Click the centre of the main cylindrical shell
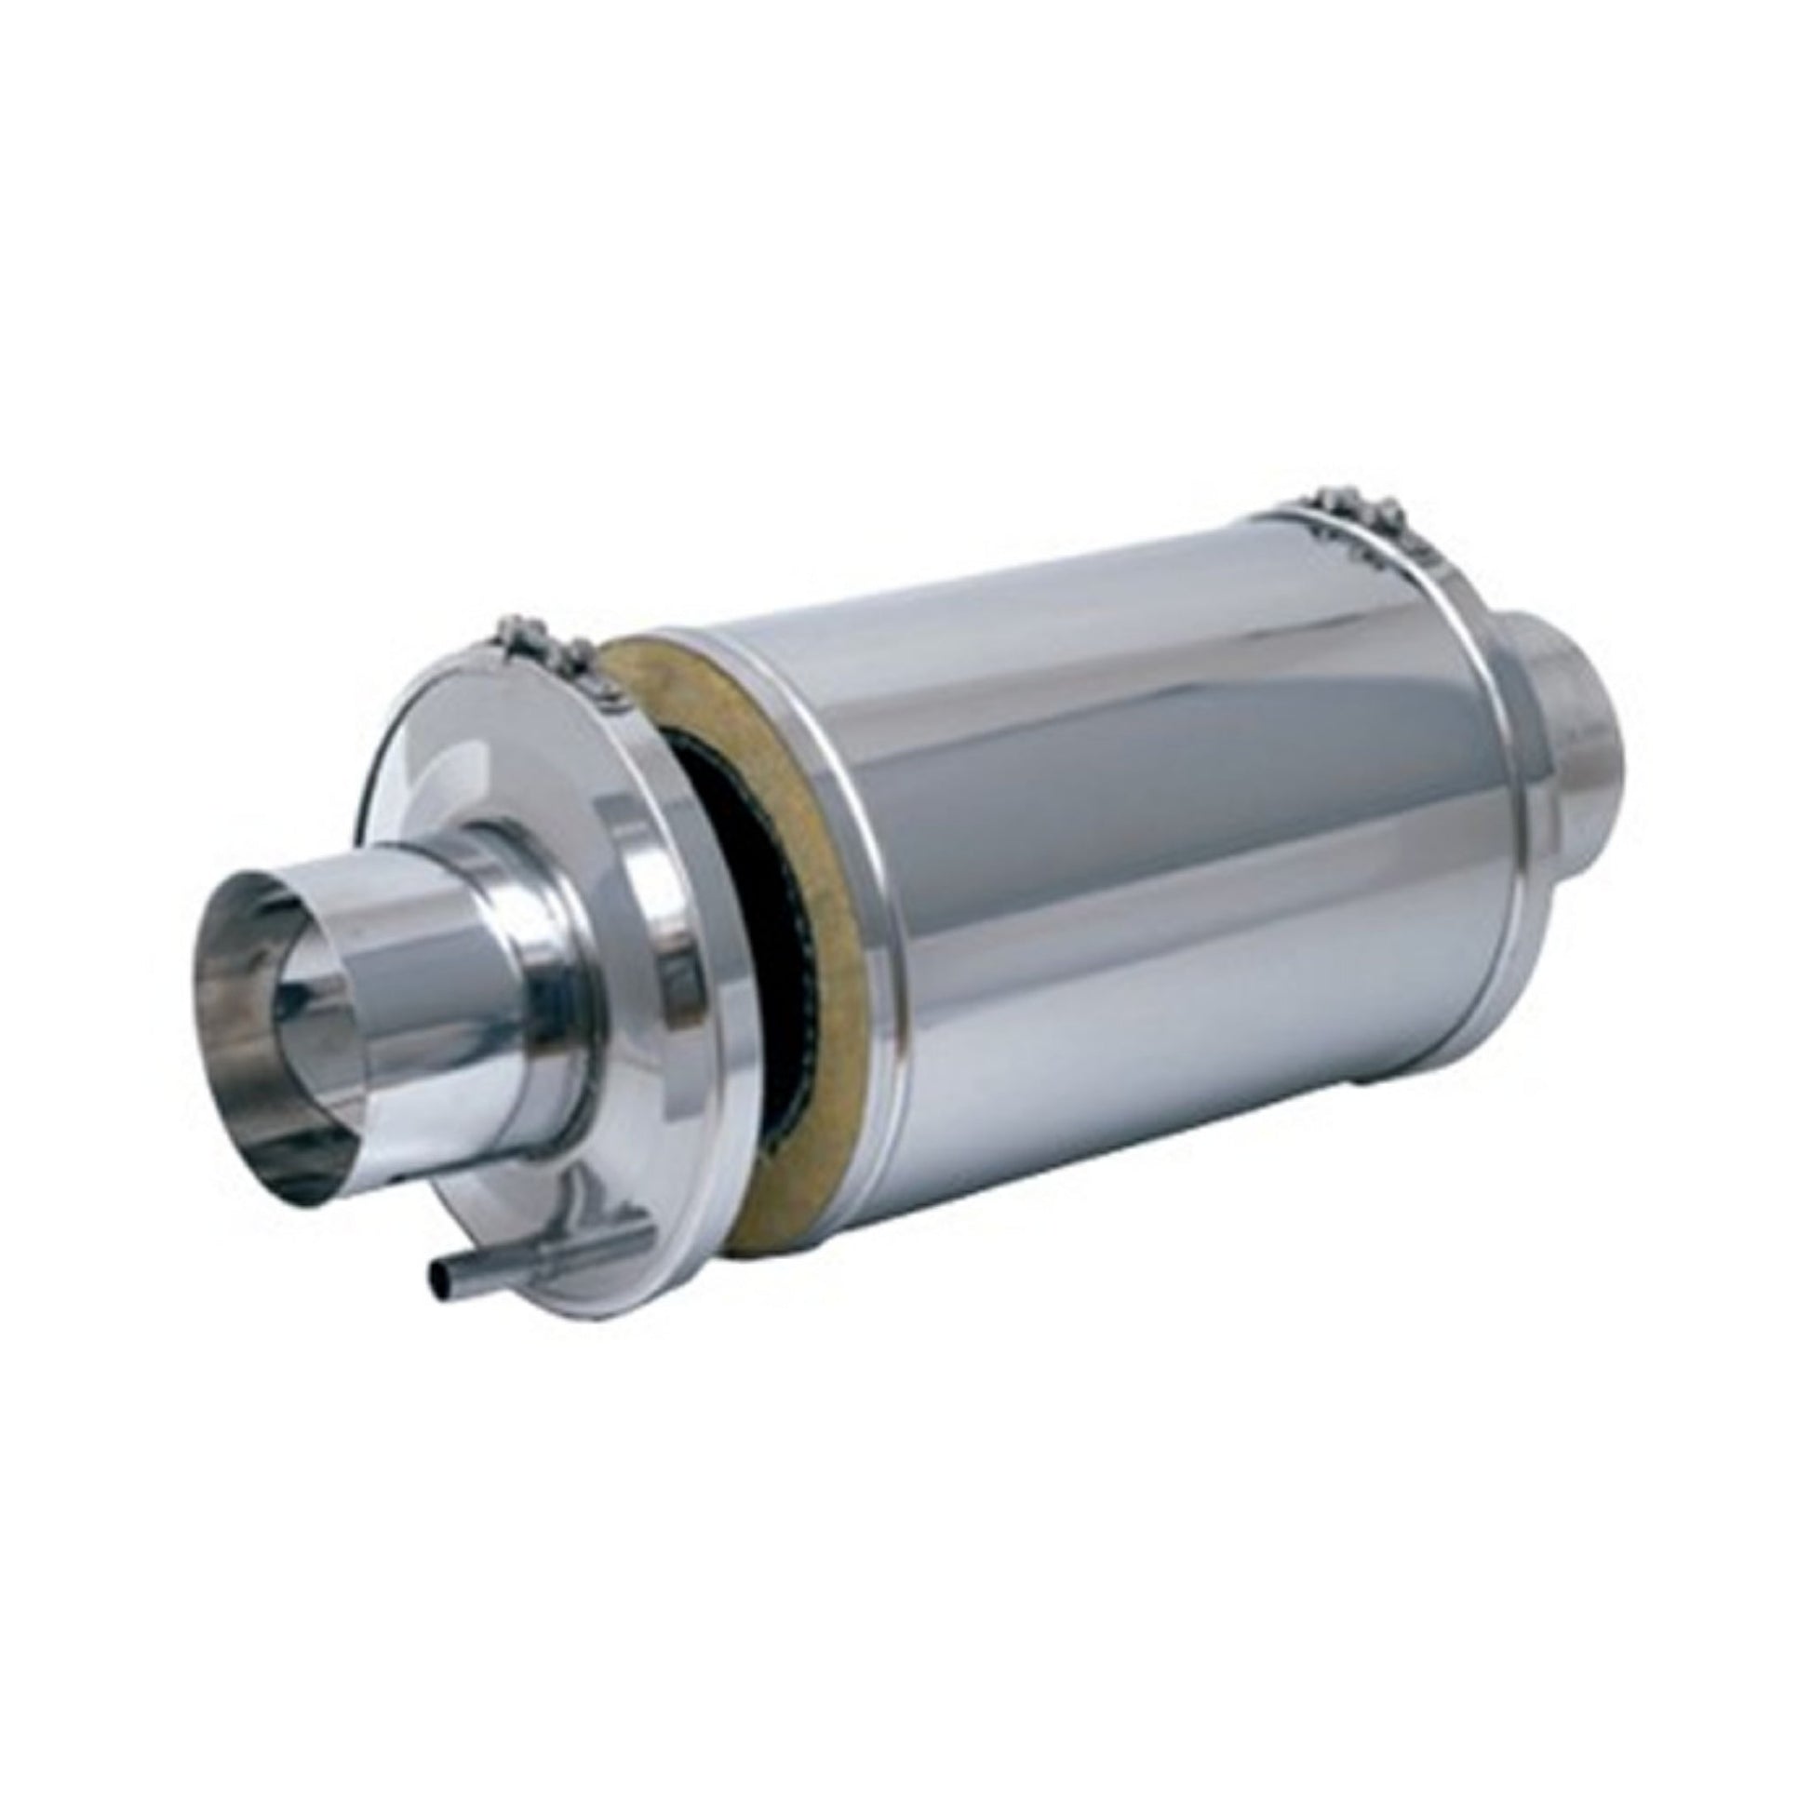(1172, 844)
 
